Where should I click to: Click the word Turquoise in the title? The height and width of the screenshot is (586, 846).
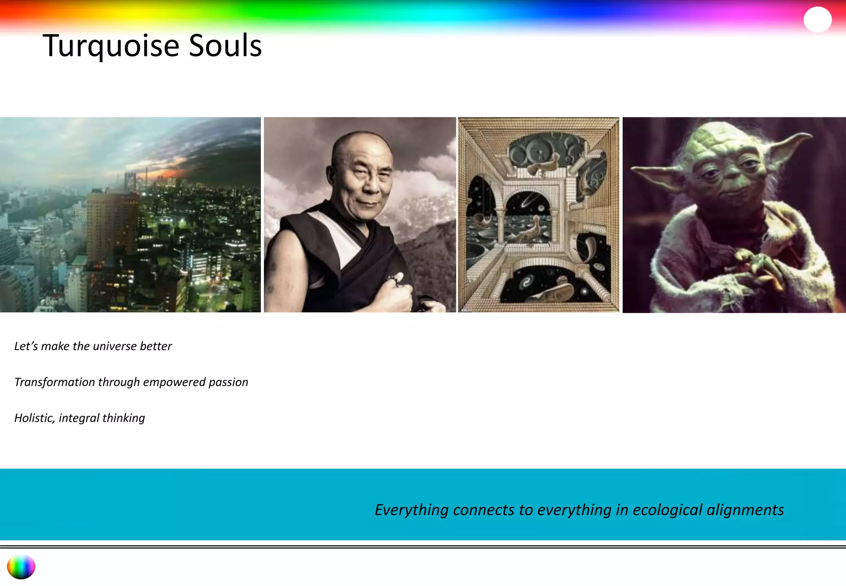(111, 46)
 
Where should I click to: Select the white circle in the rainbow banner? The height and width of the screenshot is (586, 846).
(817, 19)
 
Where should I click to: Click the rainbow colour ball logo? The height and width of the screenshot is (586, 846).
(21, 567)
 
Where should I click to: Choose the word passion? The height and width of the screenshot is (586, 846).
(228, 383)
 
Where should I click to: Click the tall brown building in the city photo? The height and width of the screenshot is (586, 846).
(112, 223)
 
